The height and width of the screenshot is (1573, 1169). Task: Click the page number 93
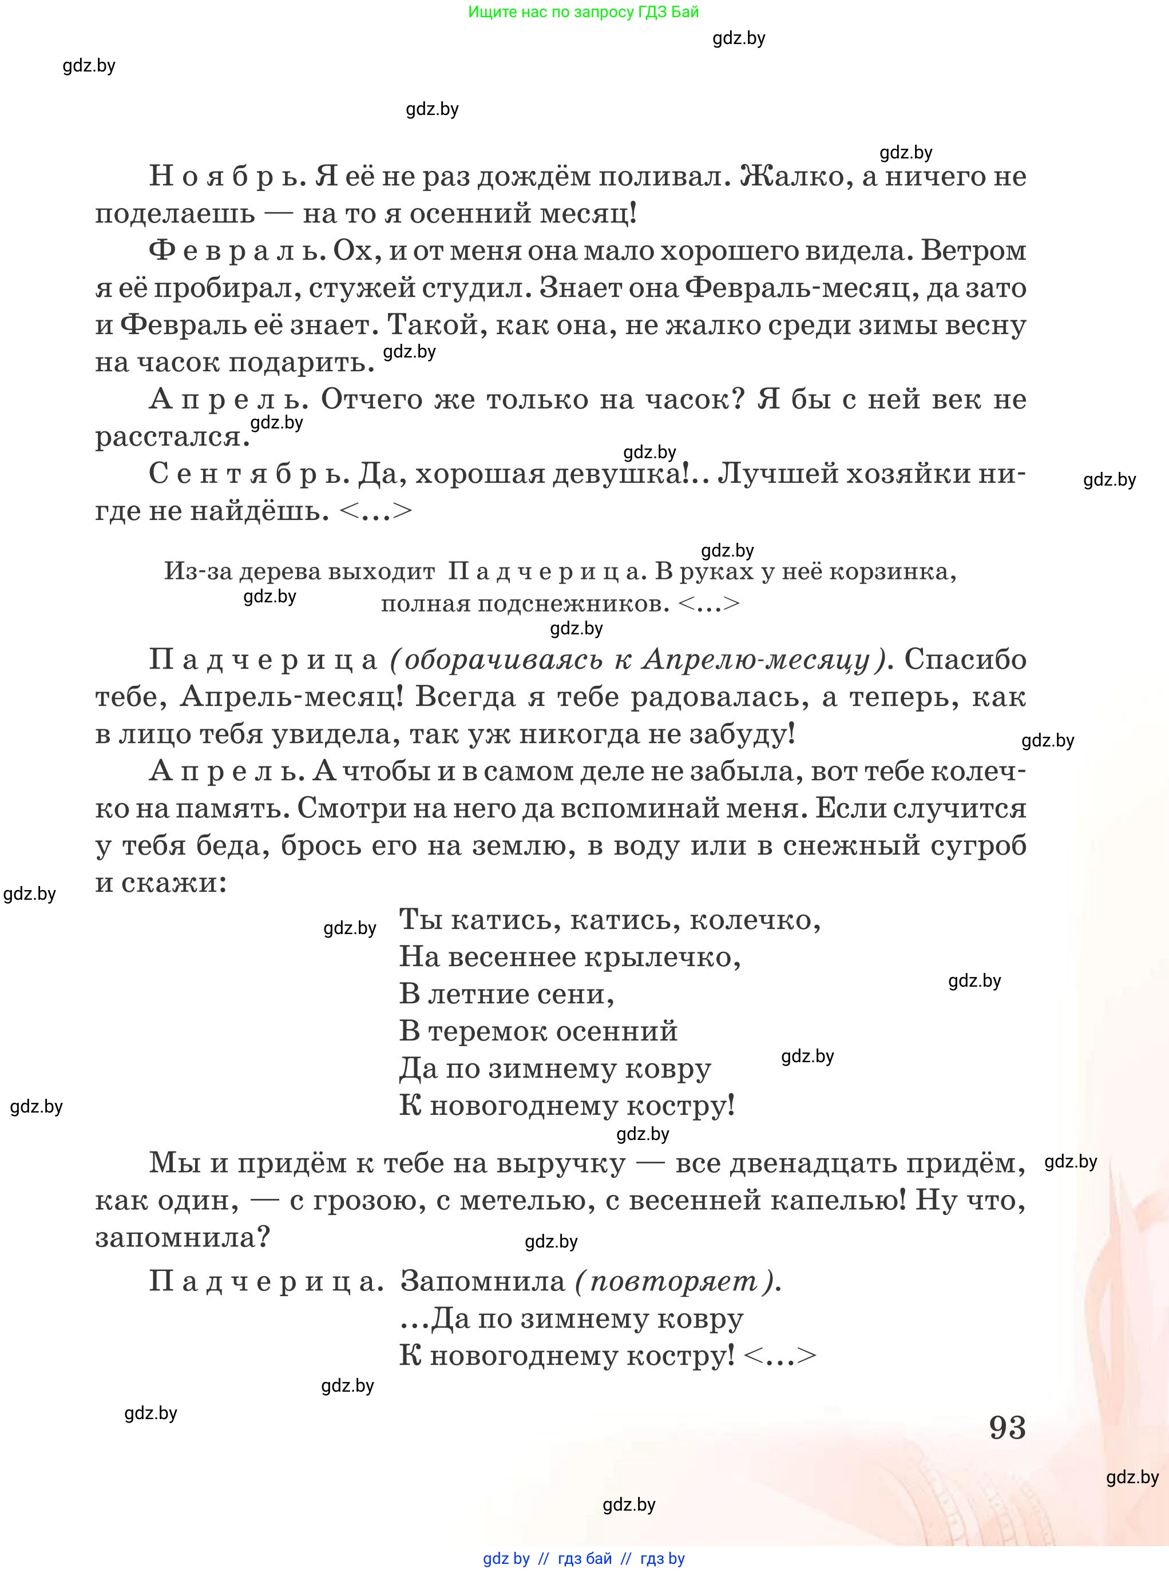point(1007,1427)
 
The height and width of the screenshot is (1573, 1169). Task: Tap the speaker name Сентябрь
point(248,473)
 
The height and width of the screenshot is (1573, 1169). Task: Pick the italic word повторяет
point(673,1281)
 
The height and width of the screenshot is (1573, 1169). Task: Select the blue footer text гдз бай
point(585,1558)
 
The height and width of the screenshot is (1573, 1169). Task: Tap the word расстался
point(172,436)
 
